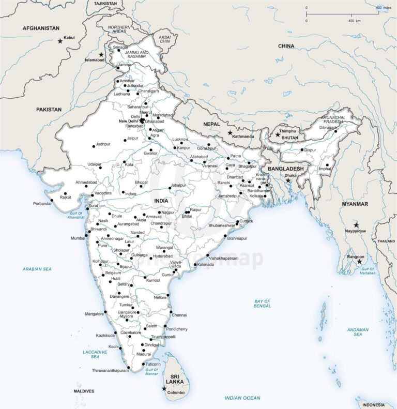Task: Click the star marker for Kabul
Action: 60,40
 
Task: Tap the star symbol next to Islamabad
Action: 101,54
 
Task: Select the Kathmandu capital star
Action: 230,132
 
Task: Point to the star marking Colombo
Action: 164,388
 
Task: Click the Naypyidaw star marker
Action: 356,225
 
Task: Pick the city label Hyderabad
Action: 163,256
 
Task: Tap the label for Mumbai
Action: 78,238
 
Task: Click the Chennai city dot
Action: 171,311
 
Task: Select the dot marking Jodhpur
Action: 94,145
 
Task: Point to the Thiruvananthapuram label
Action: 110,371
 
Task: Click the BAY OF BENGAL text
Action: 262,304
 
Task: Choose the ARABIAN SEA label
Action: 37,269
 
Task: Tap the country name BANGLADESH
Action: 285,169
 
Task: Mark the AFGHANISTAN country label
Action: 41,28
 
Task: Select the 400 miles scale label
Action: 383,7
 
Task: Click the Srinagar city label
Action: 120,47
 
